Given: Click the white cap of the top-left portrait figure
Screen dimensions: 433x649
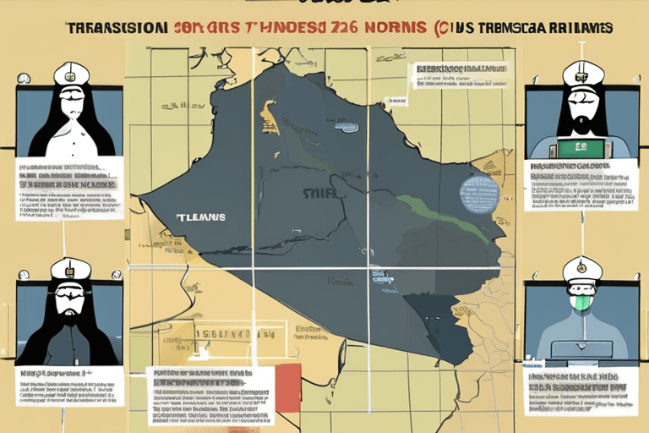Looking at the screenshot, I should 70,74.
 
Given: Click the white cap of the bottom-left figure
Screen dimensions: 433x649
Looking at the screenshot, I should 71,270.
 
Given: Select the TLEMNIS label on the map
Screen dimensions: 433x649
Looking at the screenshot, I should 201,216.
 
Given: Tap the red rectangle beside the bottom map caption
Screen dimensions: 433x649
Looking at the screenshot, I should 288,388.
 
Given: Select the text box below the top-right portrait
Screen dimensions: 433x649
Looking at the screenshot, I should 580,185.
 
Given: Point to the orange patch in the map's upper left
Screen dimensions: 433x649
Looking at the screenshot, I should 270,118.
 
